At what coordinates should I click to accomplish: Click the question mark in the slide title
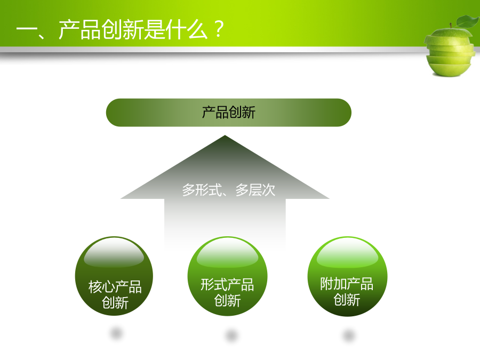tap(219, 29)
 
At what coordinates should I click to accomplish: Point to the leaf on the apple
tap(467, 21)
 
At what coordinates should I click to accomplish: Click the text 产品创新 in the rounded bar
tap(228, 113)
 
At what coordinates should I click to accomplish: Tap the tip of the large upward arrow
tap(225, 135)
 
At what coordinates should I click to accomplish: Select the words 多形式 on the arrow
tap(202, 190)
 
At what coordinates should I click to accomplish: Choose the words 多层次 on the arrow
tap(255, 190)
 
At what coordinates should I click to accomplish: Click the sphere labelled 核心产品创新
tap(114, 276)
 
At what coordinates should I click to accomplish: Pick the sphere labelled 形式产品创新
tap(227, 276)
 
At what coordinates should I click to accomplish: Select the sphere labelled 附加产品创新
tap(347, 276)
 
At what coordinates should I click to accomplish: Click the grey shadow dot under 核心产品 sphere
tap(116, 333)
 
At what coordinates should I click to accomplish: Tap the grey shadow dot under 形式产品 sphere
tap(232, 335)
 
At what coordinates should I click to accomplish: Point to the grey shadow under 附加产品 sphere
tap(349, 335)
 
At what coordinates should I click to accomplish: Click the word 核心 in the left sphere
tap(102, 287)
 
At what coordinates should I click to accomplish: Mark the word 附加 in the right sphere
tap(333, 284)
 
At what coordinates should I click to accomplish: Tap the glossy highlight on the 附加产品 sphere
tap(347, 253)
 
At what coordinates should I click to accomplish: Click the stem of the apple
tap(451, 26)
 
